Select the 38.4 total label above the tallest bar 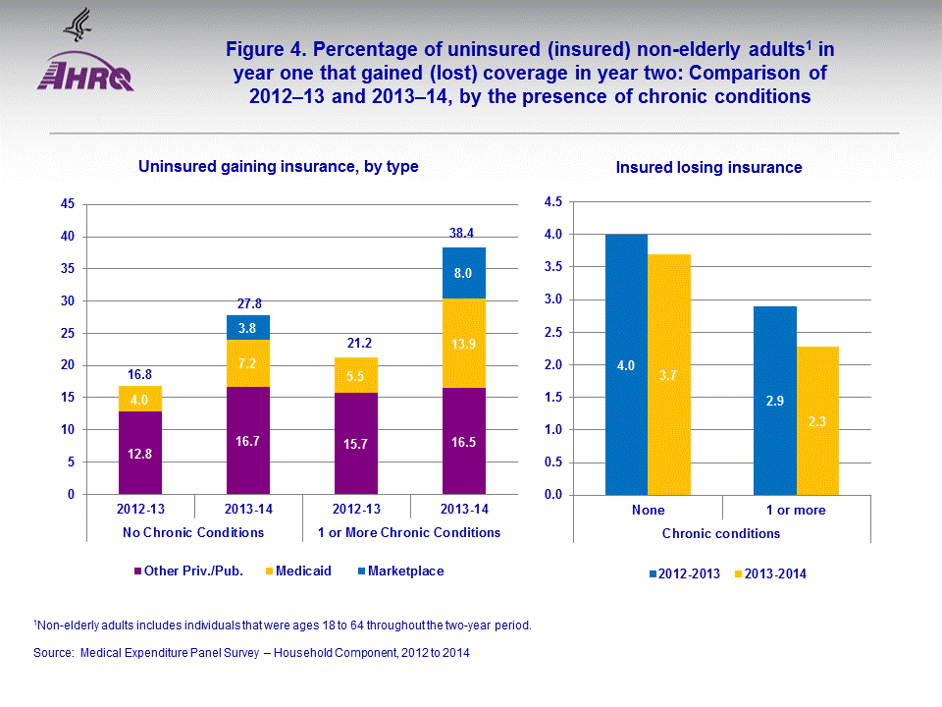coord(464,234)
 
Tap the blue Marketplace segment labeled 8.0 coord(464,273)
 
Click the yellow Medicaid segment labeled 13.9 coord(464,343)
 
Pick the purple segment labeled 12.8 coord(140,453)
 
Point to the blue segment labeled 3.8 coord(248,327)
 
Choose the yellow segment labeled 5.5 coord(356,375)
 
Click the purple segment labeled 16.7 coord(248,441)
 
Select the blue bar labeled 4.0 coord(626,364)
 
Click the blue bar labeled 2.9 coord(774,401)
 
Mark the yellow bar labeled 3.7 coord(669,374)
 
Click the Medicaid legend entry coord(302,571)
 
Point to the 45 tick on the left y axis coord(68,204)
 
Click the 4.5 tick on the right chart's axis coord(551,202)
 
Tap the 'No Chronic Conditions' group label coord(193,532)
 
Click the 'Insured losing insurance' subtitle coord(708,168)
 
